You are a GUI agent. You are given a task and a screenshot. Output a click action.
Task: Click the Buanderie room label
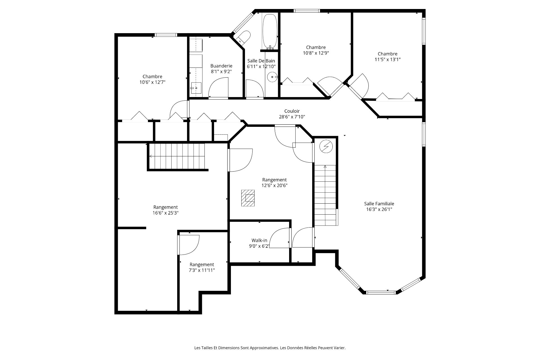pyautogui.click(x=221, y=66)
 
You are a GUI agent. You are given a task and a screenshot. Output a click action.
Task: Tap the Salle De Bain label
pyautogui.click(x=261, y=61)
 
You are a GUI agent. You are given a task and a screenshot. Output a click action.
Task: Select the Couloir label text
pyautogui.click(x=292, y=111)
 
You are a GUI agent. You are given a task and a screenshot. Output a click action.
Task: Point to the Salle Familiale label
pyautogui.click(x=379, y=204)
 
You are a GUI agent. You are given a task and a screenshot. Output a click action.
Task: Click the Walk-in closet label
pyautogui.click(x=259, y=240)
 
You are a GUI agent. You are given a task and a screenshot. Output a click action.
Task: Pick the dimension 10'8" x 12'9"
pyautogui.click(x=316, y=53)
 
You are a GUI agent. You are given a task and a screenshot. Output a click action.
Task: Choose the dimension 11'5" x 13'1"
pyautogui.click(x=388, y=59)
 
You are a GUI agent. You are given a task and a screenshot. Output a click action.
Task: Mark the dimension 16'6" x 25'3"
pyautogui.click(x=166, y=213)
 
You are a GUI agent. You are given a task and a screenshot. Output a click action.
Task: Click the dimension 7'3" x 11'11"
pyautogui.click(x=202, y=270)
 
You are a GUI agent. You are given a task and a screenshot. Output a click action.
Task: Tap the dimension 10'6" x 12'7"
pyautogui.click(x=152, y=82)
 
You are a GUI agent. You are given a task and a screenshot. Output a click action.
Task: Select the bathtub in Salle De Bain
pyautogui.click(x=270, y=31)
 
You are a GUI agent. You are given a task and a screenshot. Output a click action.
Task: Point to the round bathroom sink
pyautogui.click(x=272, y=77)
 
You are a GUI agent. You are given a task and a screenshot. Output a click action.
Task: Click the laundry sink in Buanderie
pyautogui.click(x=196, y=88)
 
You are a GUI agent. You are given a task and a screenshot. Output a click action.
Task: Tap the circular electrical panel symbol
pyautogui.click(x=326, y=147)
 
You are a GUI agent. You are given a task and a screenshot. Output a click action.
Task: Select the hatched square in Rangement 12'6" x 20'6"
pyautogui.click(x=248, y=198)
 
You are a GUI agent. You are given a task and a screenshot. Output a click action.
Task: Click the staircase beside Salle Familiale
pyautogui.click(x=325, y=195)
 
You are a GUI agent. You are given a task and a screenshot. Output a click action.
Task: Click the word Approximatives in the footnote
pyautogui.click(x=264, y=348)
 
